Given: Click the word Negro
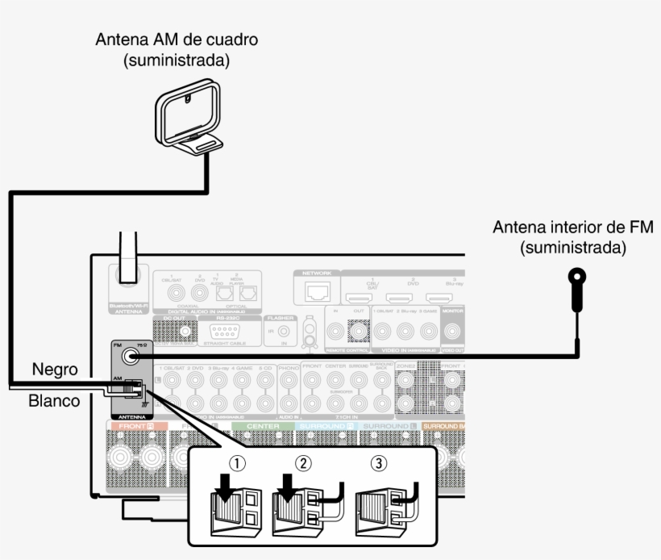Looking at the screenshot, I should tap(55, 370).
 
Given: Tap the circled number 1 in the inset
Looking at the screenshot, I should tap(235, 464).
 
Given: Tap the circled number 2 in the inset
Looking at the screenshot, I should tap(303, 464).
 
